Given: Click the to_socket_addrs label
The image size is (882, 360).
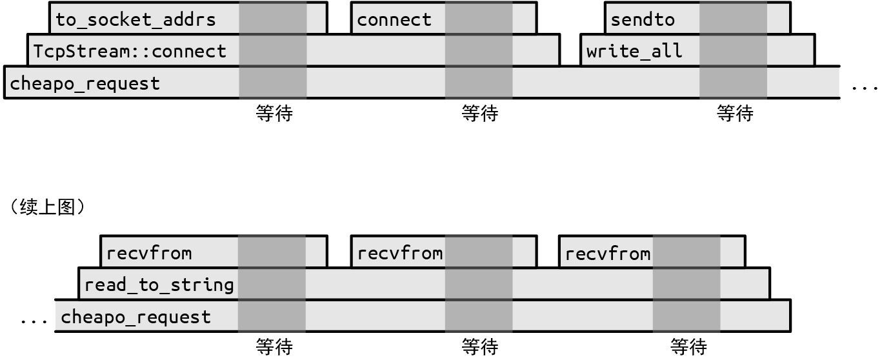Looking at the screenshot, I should (135, 19).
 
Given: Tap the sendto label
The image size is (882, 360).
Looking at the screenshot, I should (643, 19).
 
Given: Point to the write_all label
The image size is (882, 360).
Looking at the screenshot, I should (634, 51).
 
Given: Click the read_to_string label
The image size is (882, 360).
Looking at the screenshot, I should (159, 285).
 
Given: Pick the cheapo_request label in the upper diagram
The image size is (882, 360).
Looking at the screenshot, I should (85, 83).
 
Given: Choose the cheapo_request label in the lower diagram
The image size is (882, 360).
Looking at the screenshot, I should (135, 317).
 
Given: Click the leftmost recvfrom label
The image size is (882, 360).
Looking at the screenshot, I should (149, 252).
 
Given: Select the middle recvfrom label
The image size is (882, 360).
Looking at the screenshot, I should (400, 252).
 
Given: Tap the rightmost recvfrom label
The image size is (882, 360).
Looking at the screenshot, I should (607, 253).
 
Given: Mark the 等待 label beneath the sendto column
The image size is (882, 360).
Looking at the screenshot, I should (734, 114).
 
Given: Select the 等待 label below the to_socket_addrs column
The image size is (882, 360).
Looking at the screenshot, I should (274, 114).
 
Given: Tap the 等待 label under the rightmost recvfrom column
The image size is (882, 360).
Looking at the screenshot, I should (688, 347).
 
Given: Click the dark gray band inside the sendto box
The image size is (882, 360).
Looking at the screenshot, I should (734, 19).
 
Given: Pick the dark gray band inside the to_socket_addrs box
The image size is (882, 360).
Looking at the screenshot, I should (272, 19).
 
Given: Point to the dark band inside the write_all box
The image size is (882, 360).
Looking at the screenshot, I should (734, 50).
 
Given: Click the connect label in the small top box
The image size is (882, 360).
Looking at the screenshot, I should (394, 19).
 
